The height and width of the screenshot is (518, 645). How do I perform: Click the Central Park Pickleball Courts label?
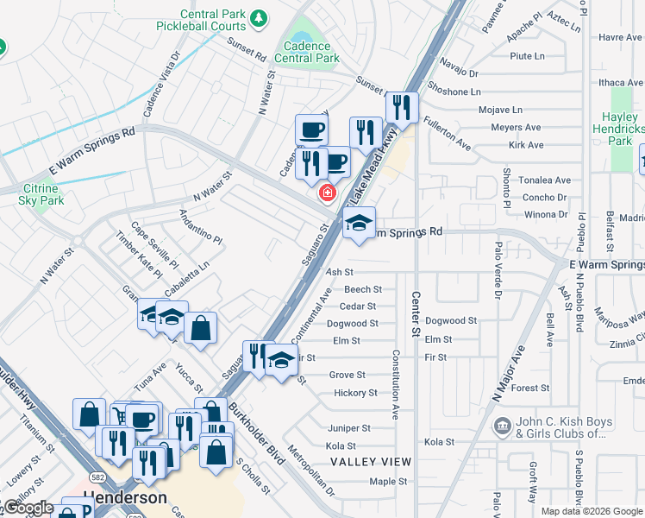tap(213, 20)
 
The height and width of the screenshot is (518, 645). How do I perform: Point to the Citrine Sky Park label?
tap(41, 194)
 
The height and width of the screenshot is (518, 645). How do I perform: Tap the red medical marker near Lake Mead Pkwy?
tap(327, 193)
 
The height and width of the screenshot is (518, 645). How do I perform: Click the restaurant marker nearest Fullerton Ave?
tap(401, 107)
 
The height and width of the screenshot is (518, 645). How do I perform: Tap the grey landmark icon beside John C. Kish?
tap(503, 427)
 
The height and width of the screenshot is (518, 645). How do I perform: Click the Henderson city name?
tap(126, 499)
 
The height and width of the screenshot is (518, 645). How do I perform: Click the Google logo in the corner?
tap(28, 508)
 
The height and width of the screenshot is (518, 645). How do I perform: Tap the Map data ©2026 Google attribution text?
tap(591, 511)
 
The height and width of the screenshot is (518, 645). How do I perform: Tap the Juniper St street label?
tap(348, 428)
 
